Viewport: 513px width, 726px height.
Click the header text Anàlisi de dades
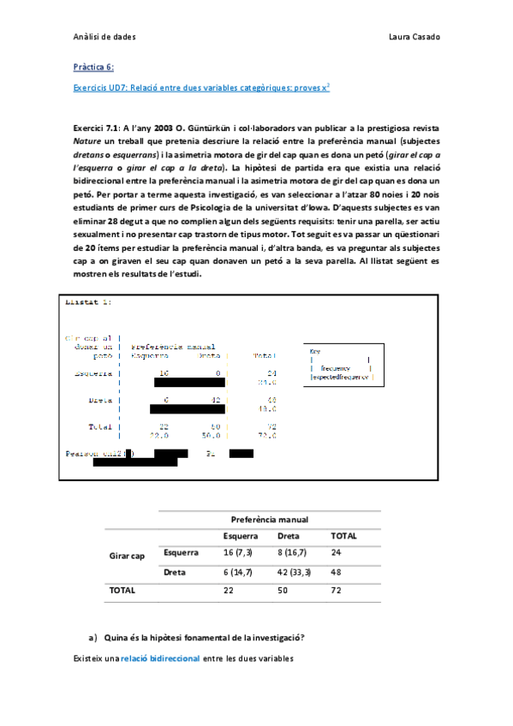104,37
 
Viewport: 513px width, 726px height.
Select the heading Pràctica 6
93,67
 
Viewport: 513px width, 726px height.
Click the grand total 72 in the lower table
337,591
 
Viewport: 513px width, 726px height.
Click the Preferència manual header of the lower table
270,520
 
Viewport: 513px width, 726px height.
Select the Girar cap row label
127,556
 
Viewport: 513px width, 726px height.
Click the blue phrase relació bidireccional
159,658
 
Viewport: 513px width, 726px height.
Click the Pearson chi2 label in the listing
93,453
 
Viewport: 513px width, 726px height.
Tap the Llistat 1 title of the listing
88,302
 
